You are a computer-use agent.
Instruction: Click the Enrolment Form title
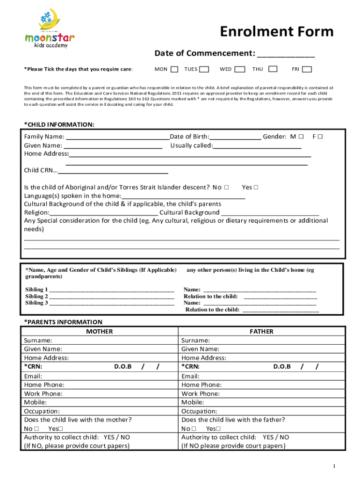point(277,32)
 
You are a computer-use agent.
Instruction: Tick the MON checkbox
point(174,69)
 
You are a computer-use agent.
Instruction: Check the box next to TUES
point(204,69)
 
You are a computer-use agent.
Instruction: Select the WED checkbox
point(240,69)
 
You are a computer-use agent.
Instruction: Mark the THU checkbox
point(273,69)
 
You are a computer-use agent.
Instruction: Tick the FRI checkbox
point(307,69)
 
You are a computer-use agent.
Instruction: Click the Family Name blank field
point(118,137)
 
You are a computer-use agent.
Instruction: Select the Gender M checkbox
point(302,137)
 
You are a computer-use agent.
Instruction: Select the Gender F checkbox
point(321,137)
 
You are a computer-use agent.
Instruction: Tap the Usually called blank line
point(257,146)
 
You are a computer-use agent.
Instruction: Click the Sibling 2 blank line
point(112,297)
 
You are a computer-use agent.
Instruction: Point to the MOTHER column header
point(100,331)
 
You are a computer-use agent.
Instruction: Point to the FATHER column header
point(261,331)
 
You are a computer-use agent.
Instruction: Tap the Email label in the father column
point(190,376)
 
